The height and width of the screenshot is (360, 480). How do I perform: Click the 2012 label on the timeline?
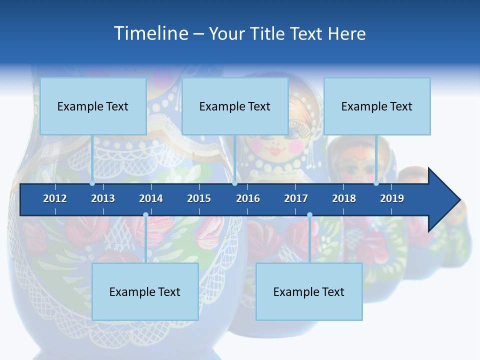(55, 198)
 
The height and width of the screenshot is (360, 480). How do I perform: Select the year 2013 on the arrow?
(103, 198)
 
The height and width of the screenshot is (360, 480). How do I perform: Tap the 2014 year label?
(151, 198)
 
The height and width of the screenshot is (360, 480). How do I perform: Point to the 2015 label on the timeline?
(199, 198)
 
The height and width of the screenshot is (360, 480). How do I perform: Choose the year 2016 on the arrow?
(248, 198)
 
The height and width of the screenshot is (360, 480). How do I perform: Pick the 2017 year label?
(296, 198)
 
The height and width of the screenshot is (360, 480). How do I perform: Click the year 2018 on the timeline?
(344, 198)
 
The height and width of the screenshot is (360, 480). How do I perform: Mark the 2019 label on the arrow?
(392, 198)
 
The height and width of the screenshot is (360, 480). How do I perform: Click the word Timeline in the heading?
(150, 33)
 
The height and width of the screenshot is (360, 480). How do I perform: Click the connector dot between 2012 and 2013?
(92, 183)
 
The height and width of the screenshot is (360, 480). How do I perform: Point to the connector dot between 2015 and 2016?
(234, 183)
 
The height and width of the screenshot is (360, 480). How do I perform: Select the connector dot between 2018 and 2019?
(376, 183)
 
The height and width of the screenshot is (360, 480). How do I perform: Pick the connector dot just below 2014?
(145, 215)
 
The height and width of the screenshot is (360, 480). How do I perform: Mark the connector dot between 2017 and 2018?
(309, 215)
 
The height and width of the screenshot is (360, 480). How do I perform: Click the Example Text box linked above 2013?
(93, 106)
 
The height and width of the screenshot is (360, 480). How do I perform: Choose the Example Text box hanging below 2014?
(145, 291)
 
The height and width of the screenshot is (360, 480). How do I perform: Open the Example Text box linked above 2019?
(377, 106)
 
